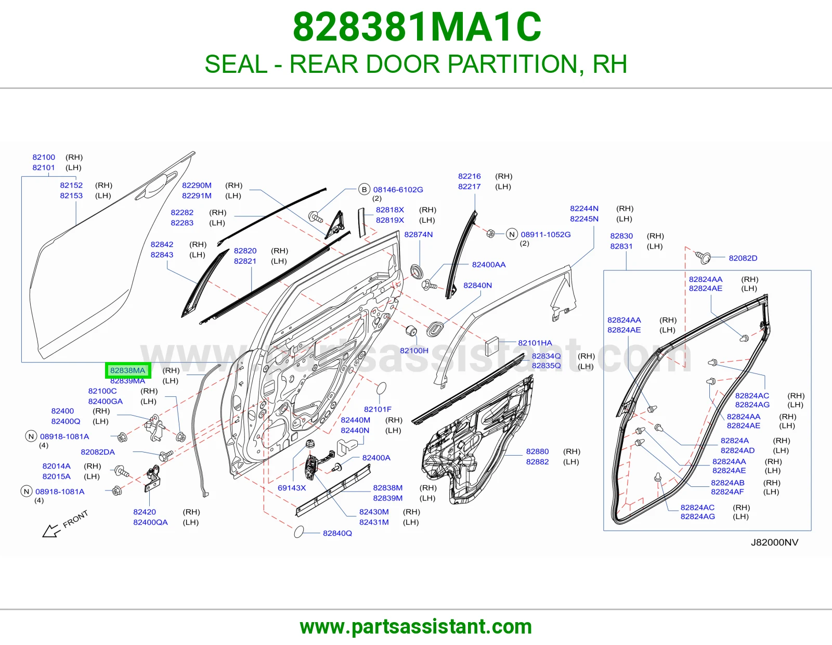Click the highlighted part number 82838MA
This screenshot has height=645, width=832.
tap(127, 370)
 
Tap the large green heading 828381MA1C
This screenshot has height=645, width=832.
tap(417, 27)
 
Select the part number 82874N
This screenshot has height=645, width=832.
tap(419, 235)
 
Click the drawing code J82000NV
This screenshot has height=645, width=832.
tap(774, 542)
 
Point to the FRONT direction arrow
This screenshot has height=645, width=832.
tap(51, 531)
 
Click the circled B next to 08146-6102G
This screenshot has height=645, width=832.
tap(364, 189)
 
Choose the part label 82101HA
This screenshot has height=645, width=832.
tap(535, 343)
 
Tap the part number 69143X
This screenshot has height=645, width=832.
tap(292, 487)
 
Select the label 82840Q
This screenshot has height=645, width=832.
tap(337, 533)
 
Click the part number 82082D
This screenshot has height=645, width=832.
tap(743, 258)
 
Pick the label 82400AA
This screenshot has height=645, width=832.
tap(489, 265)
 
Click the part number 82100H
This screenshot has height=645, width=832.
tap(414, 351)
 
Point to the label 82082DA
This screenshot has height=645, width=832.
tap(98, 452)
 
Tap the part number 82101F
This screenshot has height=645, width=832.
tap(378, 409)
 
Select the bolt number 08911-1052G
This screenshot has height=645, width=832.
tap(545, 235)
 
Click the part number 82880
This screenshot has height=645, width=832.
tap(537, 451)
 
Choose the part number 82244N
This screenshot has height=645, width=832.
tap(584, 209)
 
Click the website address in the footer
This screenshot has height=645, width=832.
tap(416, 627)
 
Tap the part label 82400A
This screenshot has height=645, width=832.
tap(376, 458)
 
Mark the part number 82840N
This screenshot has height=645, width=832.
tap(477, 286)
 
